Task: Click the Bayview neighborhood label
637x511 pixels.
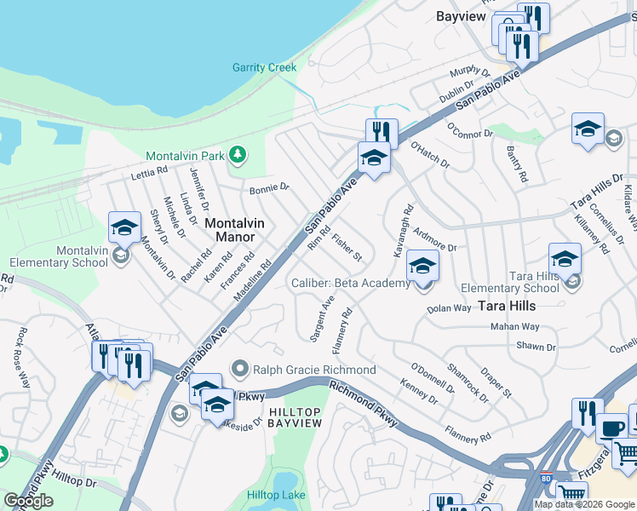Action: click(x=461, y=16)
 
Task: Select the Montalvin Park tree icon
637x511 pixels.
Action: click(x=239, y=155)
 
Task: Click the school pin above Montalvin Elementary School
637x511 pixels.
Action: click(x=124, y=227)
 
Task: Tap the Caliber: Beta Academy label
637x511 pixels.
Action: click(x=351, y=283)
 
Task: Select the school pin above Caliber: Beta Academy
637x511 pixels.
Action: click(x=422, y=266)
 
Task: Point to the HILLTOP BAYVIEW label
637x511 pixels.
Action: click(x=295, y=417)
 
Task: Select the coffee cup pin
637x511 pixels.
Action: click(x=611, y=427)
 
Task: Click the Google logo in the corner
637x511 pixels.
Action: click(x=29, y=501)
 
